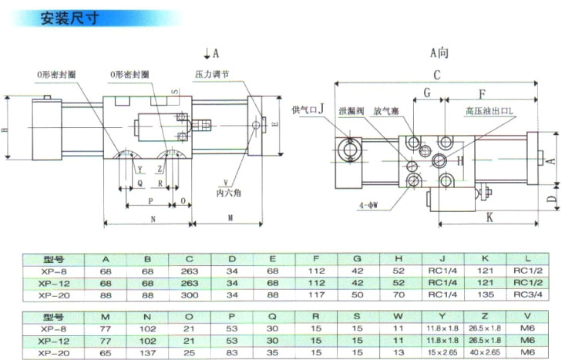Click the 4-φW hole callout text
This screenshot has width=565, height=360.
(371, 206)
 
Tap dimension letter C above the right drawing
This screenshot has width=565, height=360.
(436, 75)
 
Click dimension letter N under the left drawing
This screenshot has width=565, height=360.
(153, 219)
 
